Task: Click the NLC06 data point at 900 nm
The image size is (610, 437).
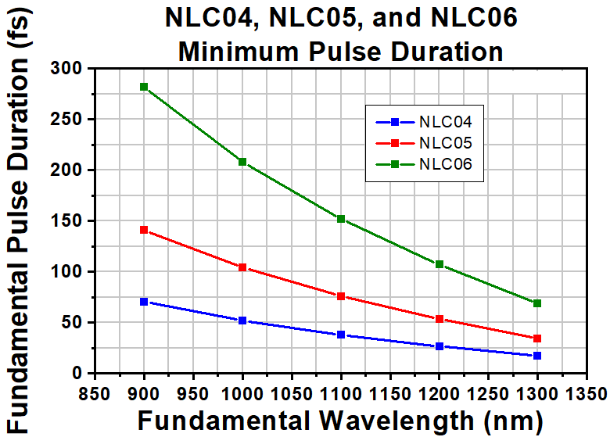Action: pyautogui.click(x=144, y=87)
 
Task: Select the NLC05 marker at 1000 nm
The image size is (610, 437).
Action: pyautogui.click(x=242, y=267)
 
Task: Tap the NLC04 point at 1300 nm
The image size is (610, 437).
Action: pyautogui.click(x=537, y=356)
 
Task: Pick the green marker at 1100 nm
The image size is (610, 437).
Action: pyautogui.click(x=341, y=219)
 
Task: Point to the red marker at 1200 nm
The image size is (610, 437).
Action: pyautogui.click(x=440, y=319)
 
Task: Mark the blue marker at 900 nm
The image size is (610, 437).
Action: pyautogui.click(x=144, y=302)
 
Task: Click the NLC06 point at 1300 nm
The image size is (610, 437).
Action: pyautogui.click(x=537, y=303)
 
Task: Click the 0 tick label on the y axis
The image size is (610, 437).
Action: pyautogui.click(x=77, y=373)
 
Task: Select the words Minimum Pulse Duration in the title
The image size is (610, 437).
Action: pyautogui.click(x=340, y=52)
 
